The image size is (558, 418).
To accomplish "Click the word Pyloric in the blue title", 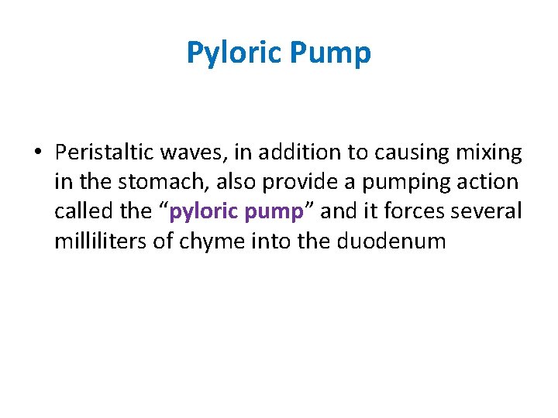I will click(234, 53).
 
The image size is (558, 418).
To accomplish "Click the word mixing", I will click(487, 153).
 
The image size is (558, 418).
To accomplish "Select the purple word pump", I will click(275, 212).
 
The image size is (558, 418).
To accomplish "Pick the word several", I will click(490, 212).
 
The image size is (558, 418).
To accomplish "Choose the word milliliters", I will click(100, 242).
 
